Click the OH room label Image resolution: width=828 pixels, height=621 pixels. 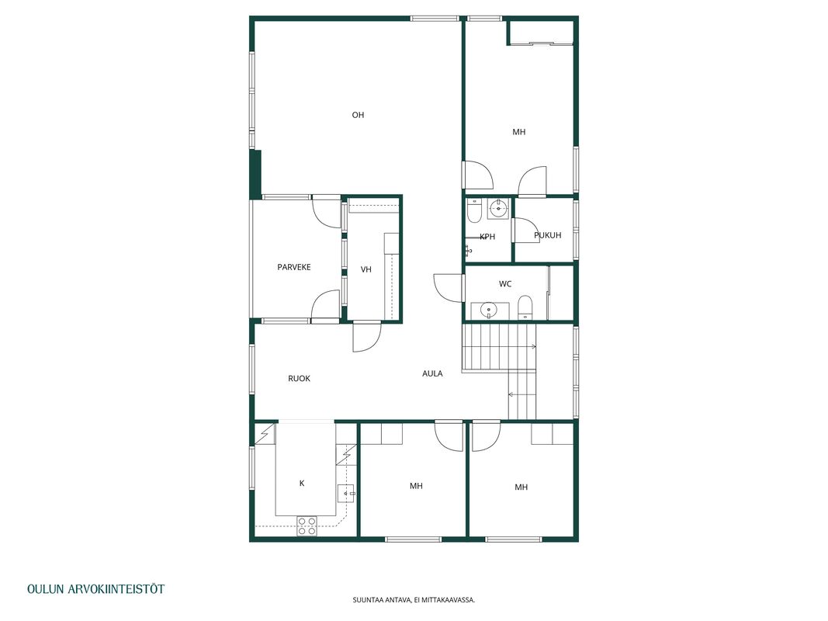tap(358, 115)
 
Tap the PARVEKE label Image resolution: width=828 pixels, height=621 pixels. tap(294, 267)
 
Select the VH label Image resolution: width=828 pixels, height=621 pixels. tap(366, 269)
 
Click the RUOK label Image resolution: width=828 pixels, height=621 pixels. tap(299, 379)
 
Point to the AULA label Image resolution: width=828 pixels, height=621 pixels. tap(432, 373)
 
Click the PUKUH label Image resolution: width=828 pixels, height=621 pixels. tap(548, 235)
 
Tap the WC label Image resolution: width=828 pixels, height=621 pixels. tap(505, 284)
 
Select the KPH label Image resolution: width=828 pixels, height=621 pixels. tap(487, 237)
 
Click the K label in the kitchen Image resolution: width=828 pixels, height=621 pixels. tap(302, 483)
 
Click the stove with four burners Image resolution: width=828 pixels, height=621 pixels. tap(307, 526)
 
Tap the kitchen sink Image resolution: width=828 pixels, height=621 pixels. tap(346, 493)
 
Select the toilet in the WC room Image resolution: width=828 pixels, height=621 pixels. tap(525, 308)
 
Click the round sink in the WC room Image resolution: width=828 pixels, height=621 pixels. tap(490, 310)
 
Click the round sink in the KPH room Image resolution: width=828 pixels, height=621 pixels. tap(497, 209)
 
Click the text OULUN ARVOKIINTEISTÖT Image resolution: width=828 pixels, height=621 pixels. tap(96, 589)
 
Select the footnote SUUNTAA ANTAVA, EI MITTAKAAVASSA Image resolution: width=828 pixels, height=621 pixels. tap(414, 600)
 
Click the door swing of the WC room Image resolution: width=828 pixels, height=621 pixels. tap(448, 288)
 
